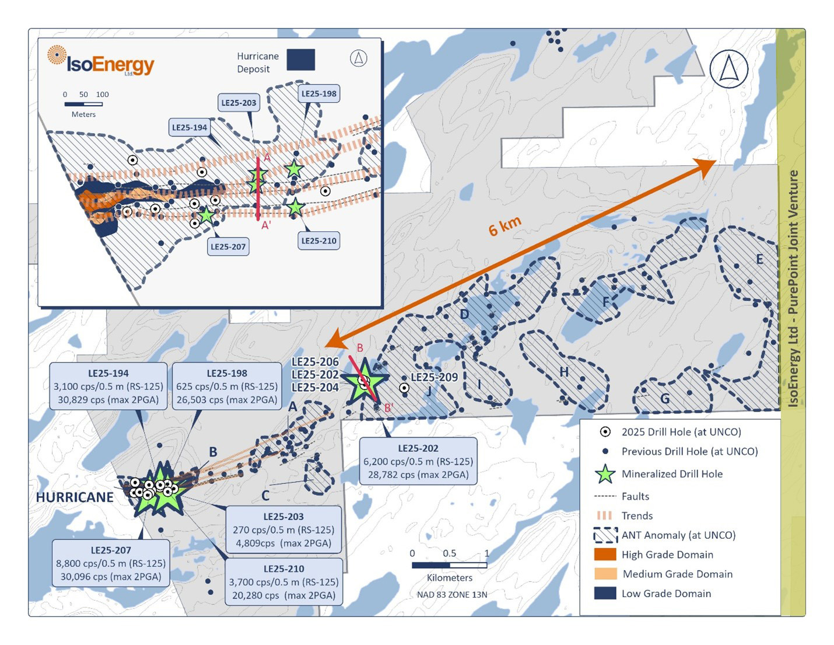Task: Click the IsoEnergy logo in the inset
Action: pos(100,61)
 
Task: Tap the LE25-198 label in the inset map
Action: pos(319,93)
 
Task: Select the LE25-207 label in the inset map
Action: pos(228,246)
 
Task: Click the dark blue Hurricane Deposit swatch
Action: pos(300,60)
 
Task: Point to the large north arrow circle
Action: pos(729,69)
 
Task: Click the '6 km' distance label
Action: pos(504,226)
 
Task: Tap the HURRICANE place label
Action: pos(75,497)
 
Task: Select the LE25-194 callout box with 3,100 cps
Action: pos(108,386)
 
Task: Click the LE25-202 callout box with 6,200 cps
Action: pos(418,461)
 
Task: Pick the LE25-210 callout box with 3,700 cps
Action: pos(283,581)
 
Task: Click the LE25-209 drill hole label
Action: pos(434,377)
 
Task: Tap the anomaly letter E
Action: pos(759,259)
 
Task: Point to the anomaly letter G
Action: pos(665,399)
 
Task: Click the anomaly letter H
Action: pos(564,372)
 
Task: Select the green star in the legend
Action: pos(605,474)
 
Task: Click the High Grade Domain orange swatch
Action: pos(605,555)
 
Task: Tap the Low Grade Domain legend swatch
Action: pos(605,593)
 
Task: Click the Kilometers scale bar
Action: pos(449,565)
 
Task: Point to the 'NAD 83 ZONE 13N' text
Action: pos(452,595)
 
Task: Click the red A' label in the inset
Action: pos(266,225)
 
